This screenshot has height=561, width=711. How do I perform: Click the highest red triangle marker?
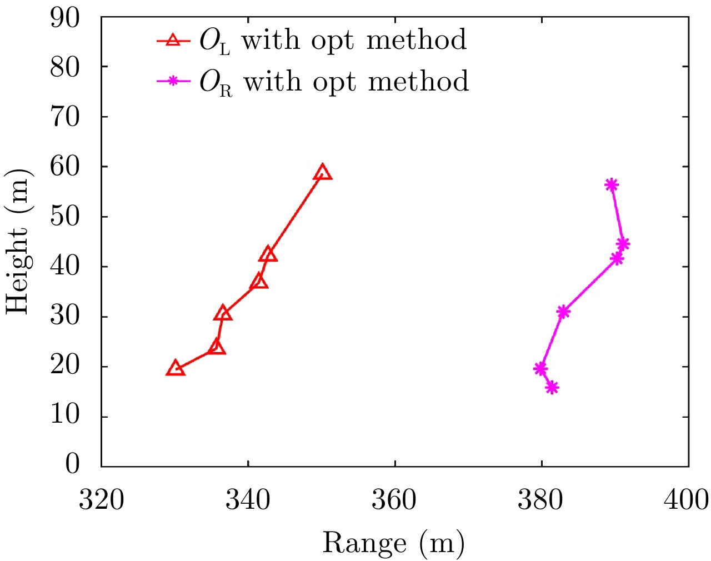point(322,173)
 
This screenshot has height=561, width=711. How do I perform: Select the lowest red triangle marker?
point(176,369)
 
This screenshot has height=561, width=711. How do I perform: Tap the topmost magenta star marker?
point(612,185)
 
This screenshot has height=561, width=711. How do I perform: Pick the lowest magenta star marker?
point(552,388)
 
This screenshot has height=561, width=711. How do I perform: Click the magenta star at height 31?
point(563,312)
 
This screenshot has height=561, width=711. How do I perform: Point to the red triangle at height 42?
point(268,254)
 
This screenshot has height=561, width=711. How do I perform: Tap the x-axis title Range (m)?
point(393,542)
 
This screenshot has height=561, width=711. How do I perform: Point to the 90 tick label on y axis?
point(65,18)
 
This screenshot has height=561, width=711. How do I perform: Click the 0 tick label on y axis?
point(72,464)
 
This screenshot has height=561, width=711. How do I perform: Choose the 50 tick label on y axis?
point(65,217)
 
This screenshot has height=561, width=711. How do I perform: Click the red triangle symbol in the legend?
point(173,40)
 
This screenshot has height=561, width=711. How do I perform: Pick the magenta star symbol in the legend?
point(173,81)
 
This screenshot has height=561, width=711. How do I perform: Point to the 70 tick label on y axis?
point(65,117)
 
